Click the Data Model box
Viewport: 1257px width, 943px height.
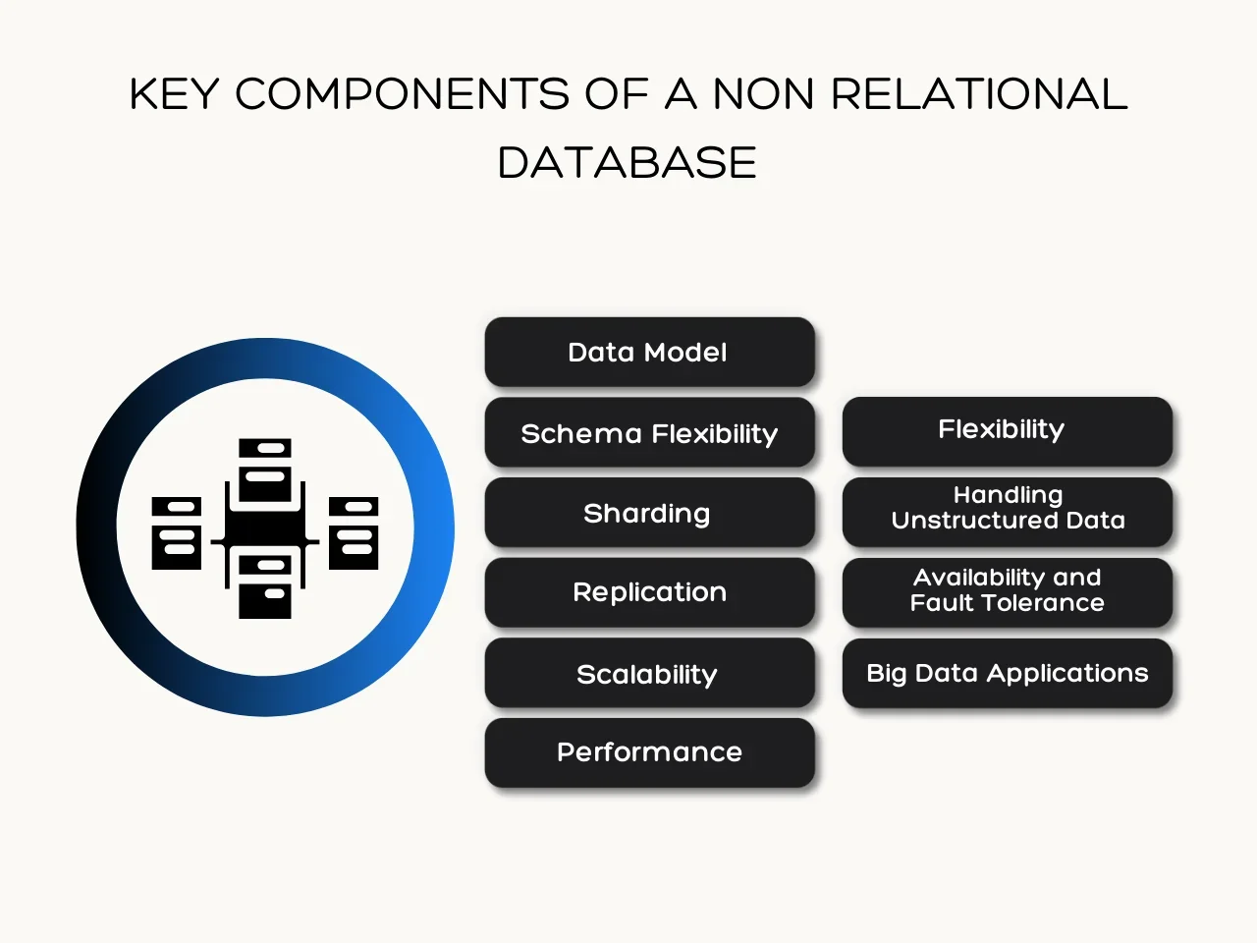point(649,352)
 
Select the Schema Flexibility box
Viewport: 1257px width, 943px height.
point(649,432)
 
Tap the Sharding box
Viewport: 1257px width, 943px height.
point(649,513)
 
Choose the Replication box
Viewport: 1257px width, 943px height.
point(649,592)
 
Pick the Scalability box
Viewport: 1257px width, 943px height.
point(649,673)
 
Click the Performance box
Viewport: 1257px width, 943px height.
point(649,752)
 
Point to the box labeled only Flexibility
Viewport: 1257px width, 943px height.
point(1007,430)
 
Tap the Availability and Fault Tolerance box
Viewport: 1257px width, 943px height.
point(1007,591)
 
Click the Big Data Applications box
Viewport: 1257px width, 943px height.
point(1007,673)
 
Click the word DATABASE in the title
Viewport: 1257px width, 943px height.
point(628,162)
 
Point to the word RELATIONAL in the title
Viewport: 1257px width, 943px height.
point(979,94)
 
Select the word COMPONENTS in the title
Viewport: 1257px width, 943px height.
point(402,94)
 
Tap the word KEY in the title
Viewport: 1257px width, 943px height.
point(174,94)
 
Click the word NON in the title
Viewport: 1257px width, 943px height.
point(763,94)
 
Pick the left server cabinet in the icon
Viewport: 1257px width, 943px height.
point(177,533)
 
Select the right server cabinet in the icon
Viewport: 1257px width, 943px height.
point(354,533)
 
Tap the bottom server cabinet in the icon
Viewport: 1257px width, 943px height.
point(265,586)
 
